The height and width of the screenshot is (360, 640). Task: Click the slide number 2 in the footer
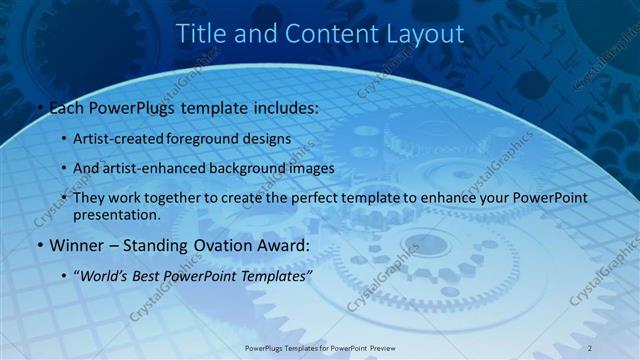click(590, 347)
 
